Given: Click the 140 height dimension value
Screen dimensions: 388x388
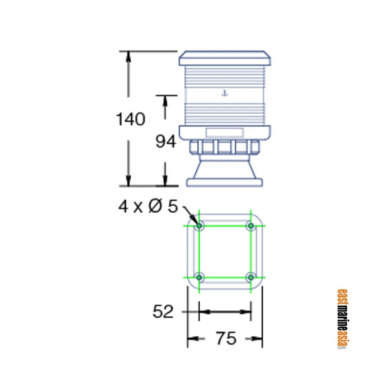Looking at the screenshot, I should [131, 120].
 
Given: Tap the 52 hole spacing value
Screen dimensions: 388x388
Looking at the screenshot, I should [163, 312].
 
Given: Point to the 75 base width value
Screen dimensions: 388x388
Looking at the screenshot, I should [225, 338].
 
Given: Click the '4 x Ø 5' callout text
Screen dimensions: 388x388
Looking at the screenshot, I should [147, 206].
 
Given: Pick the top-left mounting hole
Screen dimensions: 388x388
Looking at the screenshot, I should [199, 226].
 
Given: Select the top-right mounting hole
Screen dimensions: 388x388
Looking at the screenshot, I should [251, 226].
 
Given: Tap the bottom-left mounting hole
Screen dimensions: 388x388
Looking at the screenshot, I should [199, 277].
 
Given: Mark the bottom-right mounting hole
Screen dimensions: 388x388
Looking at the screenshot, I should [251, 277].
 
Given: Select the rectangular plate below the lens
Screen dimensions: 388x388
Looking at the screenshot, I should [224, 133].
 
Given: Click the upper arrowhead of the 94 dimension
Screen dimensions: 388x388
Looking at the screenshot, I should [166, 101].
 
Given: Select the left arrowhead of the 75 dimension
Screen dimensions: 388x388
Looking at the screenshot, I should [191, 338].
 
